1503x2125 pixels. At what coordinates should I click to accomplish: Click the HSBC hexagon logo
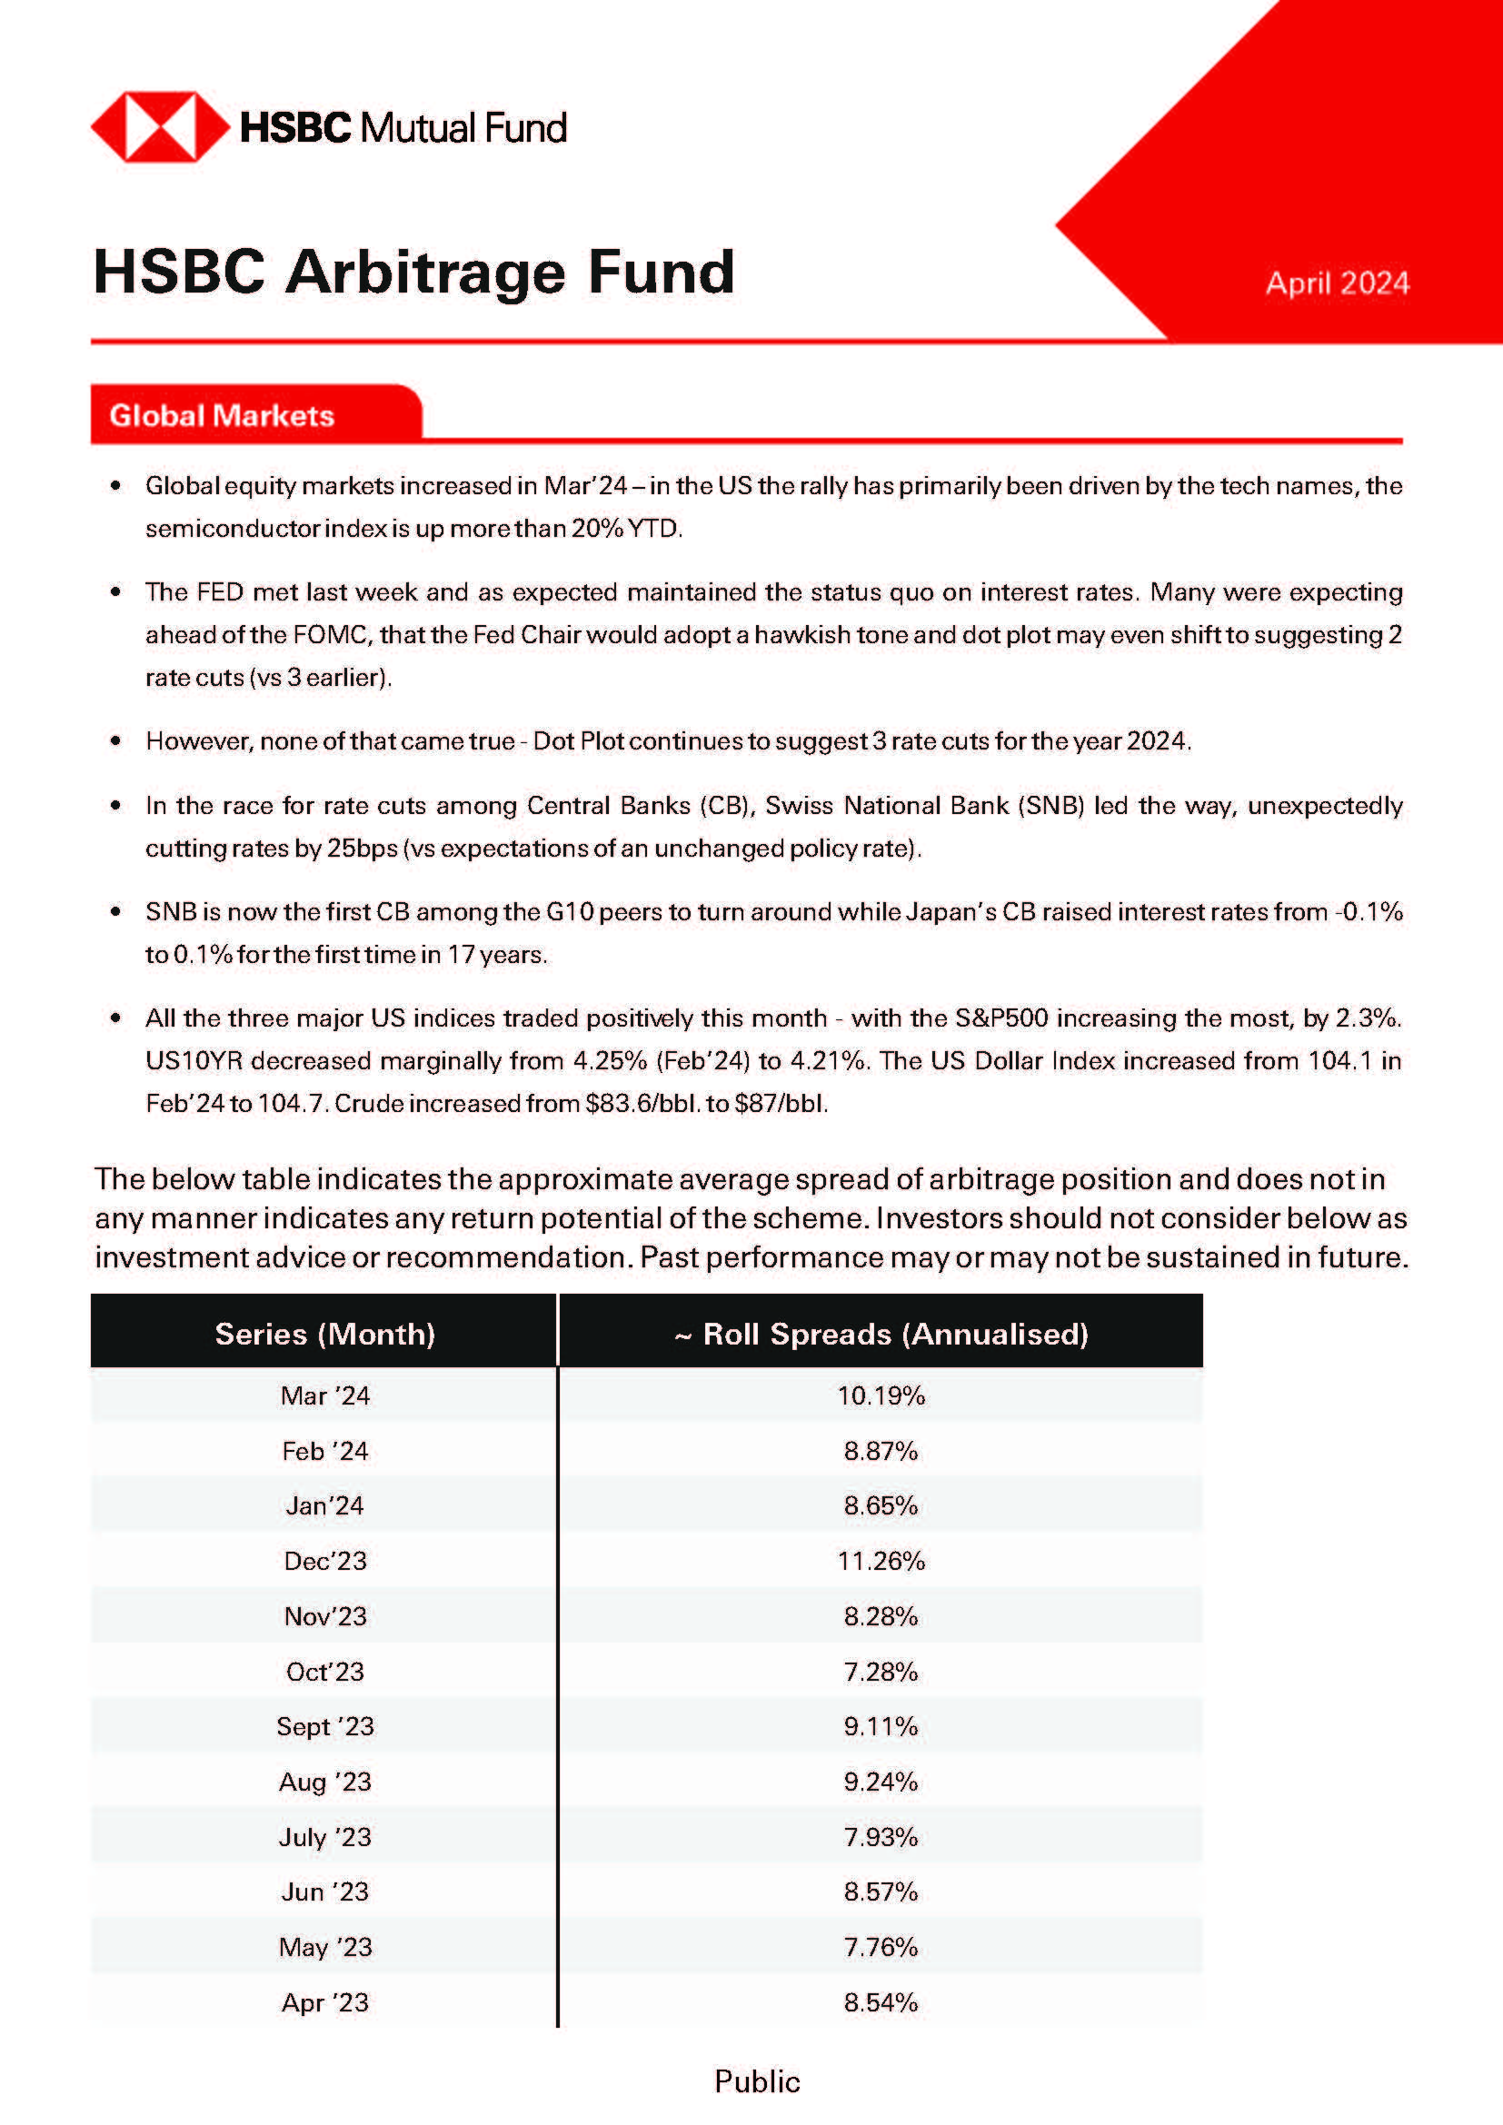(159, 127)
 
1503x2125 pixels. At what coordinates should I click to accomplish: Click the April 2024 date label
(1337, 283)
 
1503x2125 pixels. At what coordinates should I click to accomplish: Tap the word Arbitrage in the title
(423, 273)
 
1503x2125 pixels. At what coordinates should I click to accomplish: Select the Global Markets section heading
(222, 415)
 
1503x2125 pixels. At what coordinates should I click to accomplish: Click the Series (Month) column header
(324, 1334)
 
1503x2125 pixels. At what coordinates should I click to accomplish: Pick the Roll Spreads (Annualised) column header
(881, 1334)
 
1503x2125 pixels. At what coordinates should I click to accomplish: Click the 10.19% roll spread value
(881, 1395)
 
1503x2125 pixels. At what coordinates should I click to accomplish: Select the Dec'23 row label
(324, 1562)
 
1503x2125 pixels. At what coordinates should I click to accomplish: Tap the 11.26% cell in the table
(881, 1562)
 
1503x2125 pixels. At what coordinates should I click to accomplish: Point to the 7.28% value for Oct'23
(881, 1672)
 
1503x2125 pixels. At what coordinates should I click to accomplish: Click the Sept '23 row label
(324, 1727)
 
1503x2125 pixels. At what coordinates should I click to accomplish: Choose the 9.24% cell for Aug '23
(881, 1782)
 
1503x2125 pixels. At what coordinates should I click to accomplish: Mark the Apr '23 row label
(324, 2003)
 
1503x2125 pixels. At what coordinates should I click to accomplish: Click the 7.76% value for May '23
(881, 1947)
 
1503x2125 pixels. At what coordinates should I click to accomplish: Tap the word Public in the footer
(757, 2082)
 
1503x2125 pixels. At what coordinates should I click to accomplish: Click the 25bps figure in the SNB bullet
(362, 848)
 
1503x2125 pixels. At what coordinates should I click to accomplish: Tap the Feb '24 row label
(324, 1451)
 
